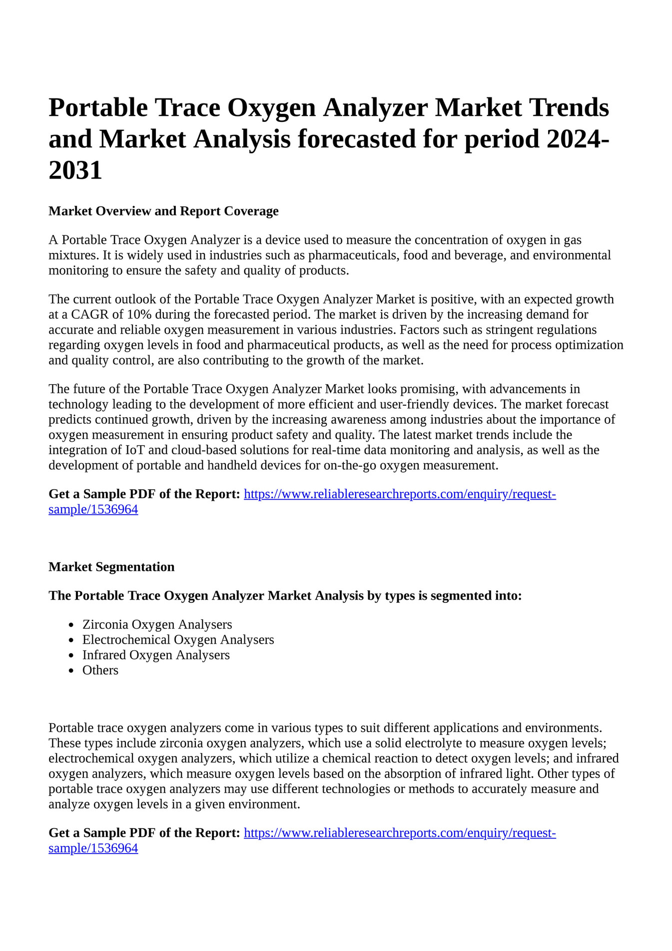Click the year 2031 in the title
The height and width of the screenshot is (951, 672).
(x=75, y=171)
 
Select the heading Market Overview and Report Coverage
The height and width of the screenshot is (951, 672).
(x=163, y=211)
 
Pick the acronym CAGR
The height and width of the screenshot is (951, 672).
(x=94, y=315)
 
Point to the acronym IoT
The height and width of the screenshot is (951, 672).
(x=135, y=450)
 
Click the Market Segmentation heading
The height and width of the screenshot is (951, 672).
(x=111, y=567)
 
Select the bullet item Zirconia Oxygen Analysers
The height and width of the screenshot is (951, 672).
(x=157, y=624)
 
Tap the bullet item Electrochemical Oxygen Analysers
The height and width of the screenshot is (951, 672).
(x=178, y=640)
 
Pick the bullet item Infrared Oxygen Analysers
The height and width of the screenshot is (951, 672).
(x=156, y=655)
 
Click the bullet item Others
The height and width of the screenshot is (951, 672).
(x=100, y=670)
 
